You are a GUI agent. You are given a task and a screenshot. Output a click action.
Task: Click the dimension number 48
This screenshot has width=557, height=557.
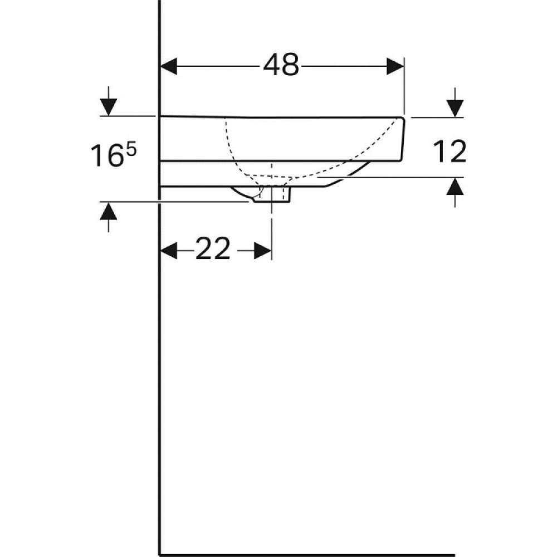point(281,66)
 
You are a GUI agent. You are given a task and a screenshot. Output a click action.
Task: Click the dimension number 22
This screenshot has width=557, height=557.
point(212,250)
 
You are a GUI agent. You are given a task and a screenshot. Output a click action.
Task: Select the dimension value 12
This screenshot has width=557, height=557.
point(448,152)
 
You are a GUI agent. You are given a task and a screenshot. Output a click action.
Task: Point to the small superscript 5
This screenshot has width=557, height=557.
point(131,149)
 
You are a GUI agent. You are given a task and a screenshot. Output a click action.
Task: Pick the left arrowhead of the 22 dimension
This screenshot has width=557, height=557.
point(169,251)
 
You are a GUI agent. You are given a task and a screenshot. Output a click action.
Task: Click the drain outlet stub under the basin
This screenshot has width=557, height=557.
point(272,195)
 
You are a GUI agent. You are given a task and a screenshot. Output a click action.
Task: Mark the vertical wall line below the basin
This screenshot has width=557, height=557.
point(160,362)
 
